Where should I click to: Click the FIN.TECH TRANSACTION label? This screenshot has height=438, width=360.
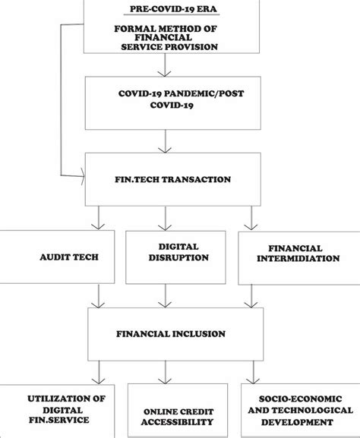coord(165,179)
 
